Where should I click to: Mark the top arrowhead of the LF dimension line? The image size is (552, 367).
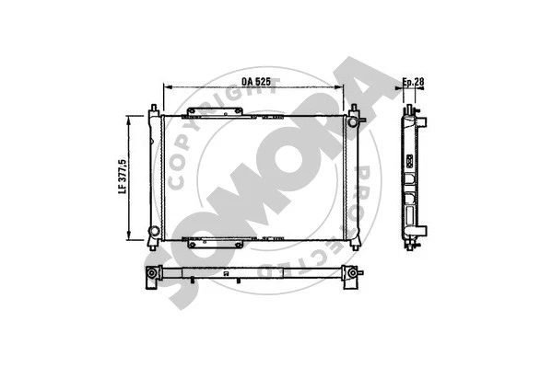(130, 117)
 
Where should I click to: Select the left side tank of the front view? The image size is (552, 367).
(158, 175)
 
